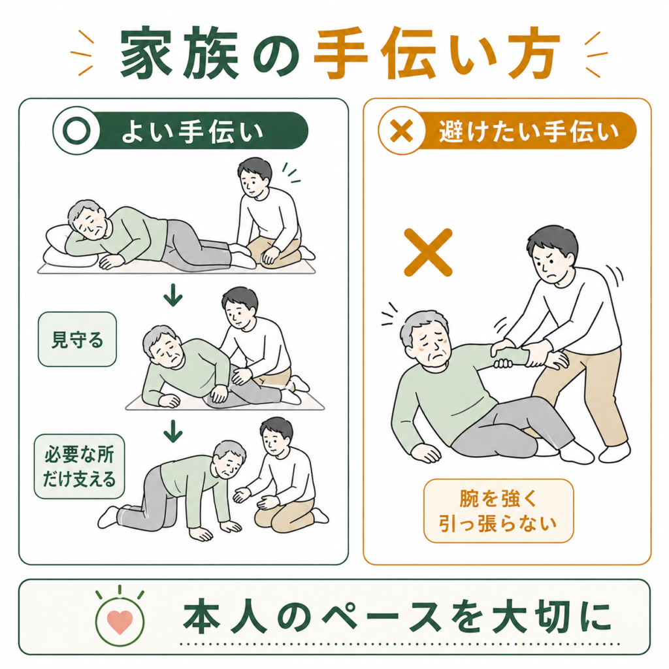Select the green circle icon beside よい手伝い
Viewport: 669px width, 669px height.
[x=76, y=130]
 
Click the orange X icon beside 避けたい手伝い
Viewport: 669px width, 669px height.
[x=402, y=130]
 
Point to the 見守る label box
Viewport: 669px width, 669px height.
[x=77, y=339]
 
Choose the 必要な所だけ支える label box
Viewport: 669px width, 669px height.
[x=79, y=466]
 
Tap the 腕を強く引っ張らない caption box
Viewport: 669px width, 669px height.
[x=498, y=511]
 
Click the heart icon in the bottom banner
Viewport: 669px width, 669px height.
[x=120, y=622]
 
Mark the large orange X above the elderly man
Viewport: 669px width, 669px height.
[x=428, y=253]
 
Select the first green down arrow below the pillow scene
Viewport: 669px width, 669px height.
[x=172, y=295]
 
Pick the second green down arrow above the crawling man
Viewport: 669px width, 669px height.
[x=172, y=431]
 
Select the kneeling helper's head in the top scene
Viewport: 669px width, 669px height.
[x=255, y=178]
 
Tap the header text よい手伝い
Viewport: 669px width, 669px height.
[x=193, y=131]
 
